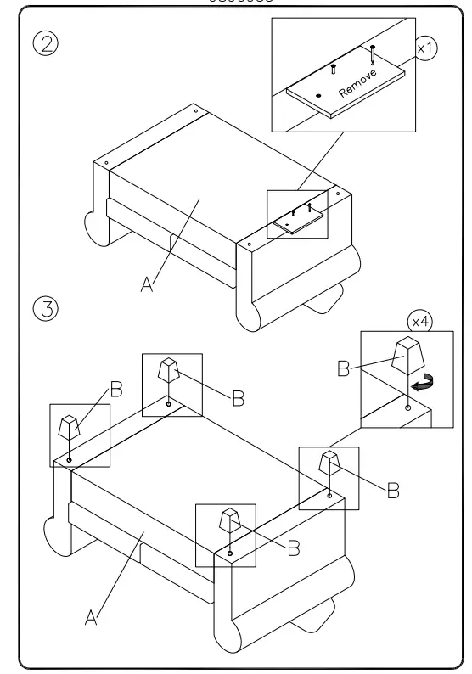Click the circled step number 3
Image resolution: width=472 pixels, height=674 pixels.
tap(44, 307)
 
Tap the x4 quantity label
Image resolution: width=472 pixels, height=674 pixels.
tap(419, 323)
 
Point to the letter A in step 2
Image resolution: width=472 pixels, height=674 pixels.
tap(148, 285)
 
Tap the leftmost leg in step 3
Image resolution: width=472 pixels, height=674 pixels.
tap(69, 427)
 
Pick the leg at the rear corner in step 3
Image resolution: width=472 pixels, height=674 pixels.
tap(168, 371)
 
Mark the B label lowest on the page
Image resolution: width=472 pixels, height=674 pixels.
tap(293, 549)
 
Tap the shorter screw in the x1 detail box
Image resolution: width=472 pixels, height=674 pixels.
tap(334, 68)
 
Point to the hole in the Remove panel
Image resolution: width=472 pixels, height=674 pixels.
tap(317, 95)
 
